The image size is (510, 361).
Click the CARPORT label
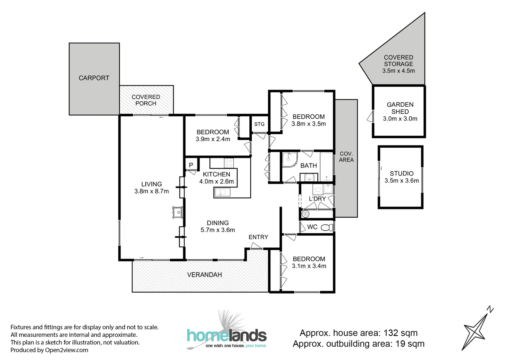(x=94, y=78)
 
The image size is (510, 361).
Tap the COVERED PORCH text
(x=146, y=100)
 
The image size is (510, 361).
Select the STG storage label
(x=259, y=124)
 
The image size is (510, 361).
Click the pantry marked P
(x=191, y=165)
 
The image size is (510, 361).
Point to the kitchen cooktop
(x=229, y=163)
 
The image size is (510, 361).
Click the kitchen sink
(x=222, y=193)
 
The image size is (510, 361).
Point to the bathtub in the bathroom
(x=326, y=166)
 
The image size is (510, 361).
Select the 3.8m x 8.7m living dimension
(x=151, y=191)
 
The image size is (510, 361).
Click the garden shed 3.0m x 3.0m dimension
(x=400, y=119)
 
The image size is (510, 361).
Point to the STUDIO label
(x=401, y=173)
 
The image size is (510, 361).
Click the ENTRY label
(x=258, y=237)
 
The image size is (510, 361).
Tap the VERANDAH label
(x=205, y=275)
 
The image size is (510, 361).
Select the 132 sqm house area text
(x=358, y=333)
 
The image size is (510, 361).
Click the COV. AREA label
(x=346, y=157)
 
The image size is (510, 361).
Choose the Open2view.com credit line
(x=49, y=350)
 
